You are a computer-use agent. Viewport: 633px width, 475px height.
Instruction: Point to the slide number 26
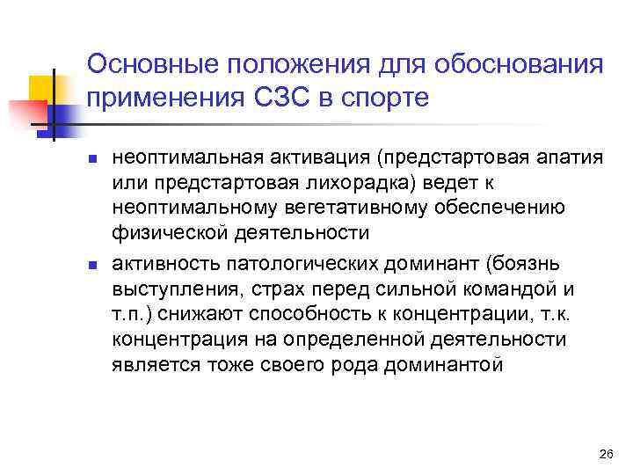(604, 454)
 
